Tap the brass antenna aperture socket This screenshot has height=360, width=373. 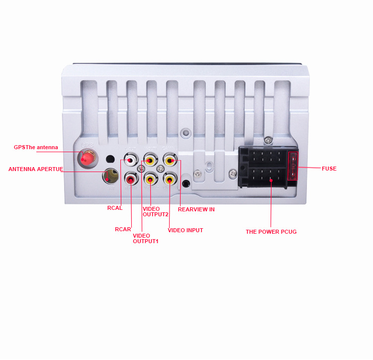tap(110, 176)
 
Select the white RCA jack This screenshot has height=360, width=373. tap(131, 161)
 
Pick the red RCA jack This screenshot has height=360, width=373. tap(131, 178)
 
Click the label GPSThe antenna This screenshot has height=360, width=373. tap(36, 147)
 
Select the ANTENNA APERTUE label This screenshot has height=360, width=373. tap(36, 169)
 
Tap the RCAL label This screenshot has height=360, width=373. tap(115, 208)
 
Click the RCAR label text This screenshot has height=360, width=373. tap(123, 229)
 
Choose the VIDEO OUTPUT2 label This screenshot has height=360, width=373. tap(156, 211)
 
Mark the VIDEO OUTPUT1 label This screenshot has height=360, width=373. tap(145, 238)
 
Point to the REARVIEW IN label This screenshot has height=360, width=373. tap(196, 209)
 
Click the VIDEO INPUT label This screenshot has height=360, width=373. tap(185, 230)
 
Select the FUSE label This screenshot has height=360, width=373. tap(329, 169)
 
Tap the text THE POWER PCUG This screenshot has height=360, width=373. tap(271, 232)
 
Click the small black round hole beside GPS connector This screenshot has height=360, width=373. tap(110, 159)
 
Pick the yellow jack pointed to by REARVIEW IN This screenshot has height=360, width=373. tap(170, 161)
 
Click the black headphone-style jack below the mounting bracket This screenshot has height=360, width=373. tap(186, 183)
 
